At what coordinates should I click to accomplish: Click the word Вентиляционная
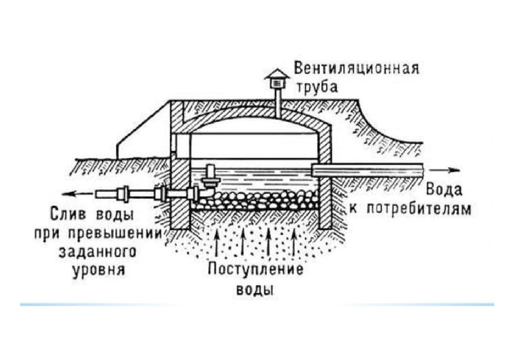pos(356,69)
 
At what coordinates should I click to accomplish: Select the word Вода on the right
pos(444,190)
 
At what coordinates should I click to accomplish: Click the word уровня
pos(98,270)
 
